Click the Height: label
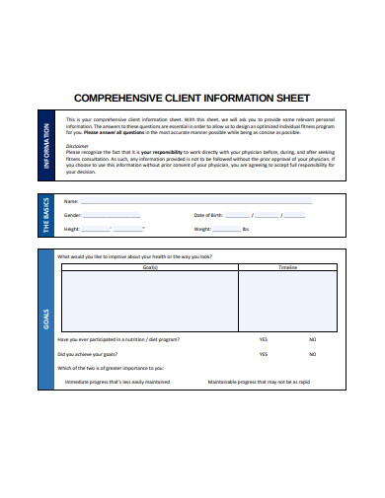(x=71, y=228)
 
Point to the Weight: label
(x=202, y=228)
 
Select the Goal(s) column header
(x=150, y=267)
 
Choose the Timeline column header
(x=287, y=267)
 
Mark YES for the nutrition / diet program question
(x=264, y=339)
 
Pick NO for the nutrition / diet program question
(x=312, y=339)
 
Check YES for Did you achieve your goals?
(x=264, y=353)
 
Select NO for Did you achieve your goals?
(x=312, y=353)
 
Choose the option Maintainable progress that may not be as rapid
(x=259, y=381)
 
